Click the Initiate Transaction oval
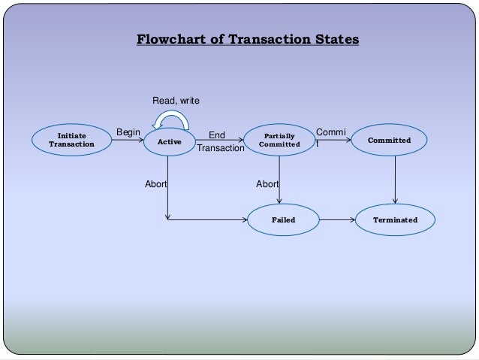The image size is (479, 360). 72,141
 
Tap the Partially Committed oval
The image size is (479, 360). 279,141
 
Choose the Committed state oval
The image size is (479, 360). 395,141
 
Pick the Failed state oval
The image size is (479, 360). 283,220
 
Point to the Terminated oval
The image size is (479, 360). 395,220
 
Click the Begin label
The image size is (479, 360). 128,133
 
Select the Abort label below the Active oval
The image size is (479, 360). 155,183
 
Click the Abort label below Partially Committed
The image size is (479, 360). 267,183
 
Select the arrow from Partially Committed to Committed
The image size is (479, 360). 331,141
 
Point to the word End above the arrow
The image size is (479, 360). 217,136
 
